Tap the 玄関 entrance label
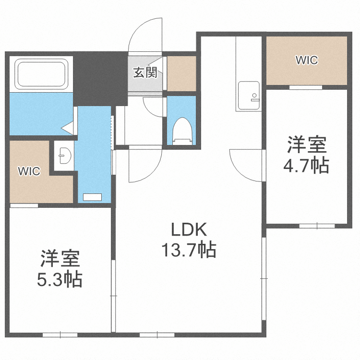pyautogui.click(x=145, y=72)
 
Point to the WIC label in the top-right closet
pyautogui.click(x=306, y=60)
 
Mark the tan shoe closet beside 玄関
pyautogui.click(x=182, y=73)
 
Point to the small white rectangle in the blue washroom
pyautogui.click(x=93, y=197)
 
